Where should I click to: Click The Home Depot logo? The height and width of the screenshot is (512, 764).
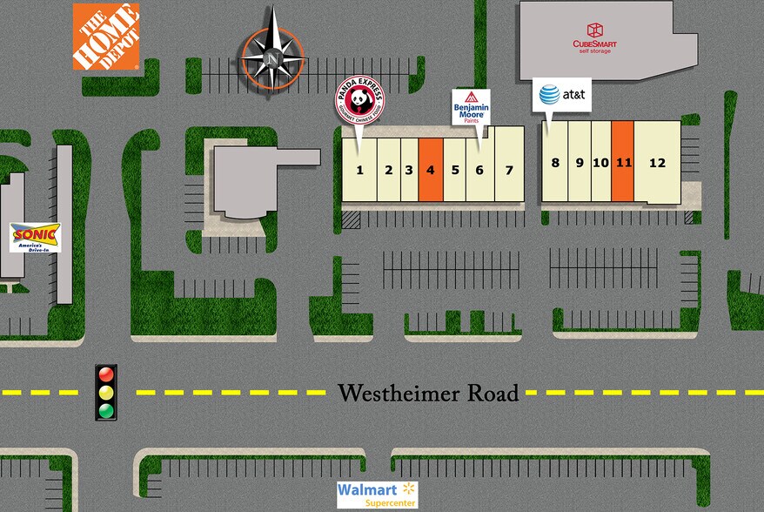coord(106,37)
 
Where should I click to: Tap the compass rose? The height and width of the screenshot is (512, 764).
coord(272,58)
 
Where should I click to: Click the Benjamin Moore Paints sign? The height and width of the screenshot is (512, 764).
coord(471,107)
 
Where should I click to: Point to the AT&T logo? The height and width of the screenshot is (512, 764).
coord(561,94)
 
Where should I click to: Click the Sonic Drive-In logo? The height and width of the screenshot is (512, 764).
coord(35,237)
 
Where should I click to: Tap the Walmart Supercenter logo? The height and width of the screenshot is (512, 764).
coord(378,494)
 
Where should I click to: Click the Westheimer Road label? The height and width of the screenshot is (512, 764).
coord(428,393)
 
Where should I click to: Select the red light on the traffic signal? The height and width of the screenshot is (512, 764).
coord(106,374)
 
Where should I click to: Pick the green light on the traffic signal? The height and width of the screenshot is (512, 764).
coord(106,409)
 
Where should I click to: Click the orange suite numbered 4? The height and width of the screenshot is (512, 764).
coord(431,170)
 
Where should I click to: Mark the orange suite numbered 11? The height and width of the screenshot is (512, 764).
coord(623,162)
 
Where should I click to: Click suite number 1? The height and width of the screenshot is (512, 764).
coord(360,170)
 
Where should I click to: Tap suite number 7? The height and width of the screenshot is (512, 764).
coord(510,170)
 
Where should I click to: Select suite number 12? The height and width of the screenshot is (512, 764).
coord(657,162)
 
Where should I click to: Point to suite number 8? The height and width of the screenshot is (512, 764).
coord(555,162)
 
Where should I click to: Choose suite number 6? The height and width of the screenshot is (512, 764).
coord(479,170)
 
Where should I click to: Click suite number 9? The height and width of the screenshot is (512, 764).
coord(579,162)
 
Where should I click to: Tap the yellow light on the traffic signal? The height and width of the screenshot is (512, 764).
coord(106,392)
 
